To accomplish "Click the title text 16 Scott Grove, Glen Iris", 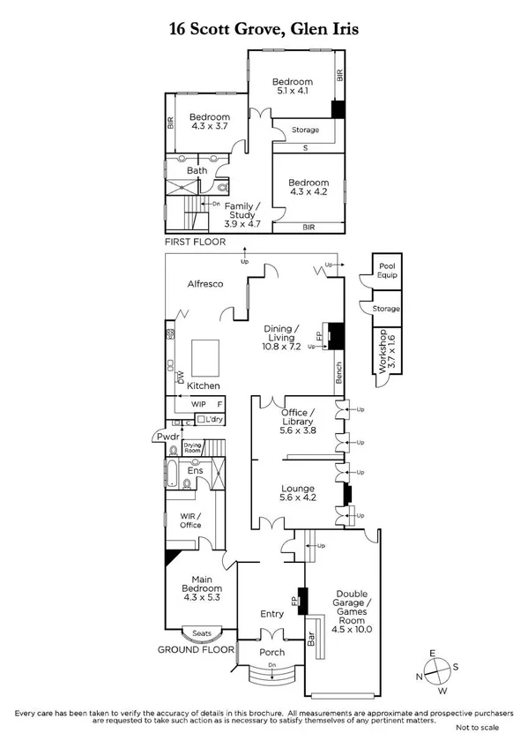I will [x=264, y=29].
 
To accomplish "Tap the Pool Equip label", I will [x=387, y=270].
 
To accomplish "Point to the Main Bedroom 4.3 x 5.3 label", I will [x=201, y=588].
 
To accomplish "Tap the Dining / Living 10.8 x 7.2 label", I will [x=283, y=339].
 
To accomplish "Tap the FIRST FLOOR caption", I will [x=195, y=241].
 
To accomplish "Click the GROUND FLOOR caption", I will [x=196, y=649].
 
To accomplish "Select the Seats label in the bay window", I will [x=201, y=632].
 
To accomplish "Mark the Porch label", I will [x=272, y=653].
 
